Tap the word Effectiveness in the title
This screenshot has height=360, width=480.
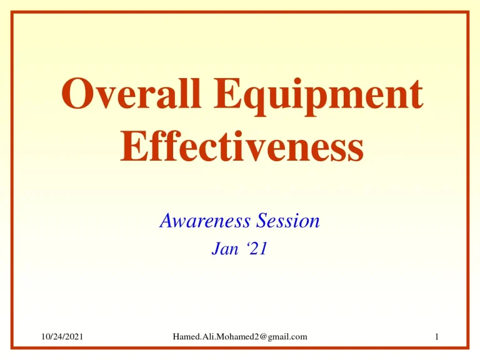click(240, 149)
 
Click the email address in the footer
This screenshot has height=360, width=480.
click(240, 337)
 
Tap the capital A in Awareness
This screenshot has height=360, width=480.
click(166, 221)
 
